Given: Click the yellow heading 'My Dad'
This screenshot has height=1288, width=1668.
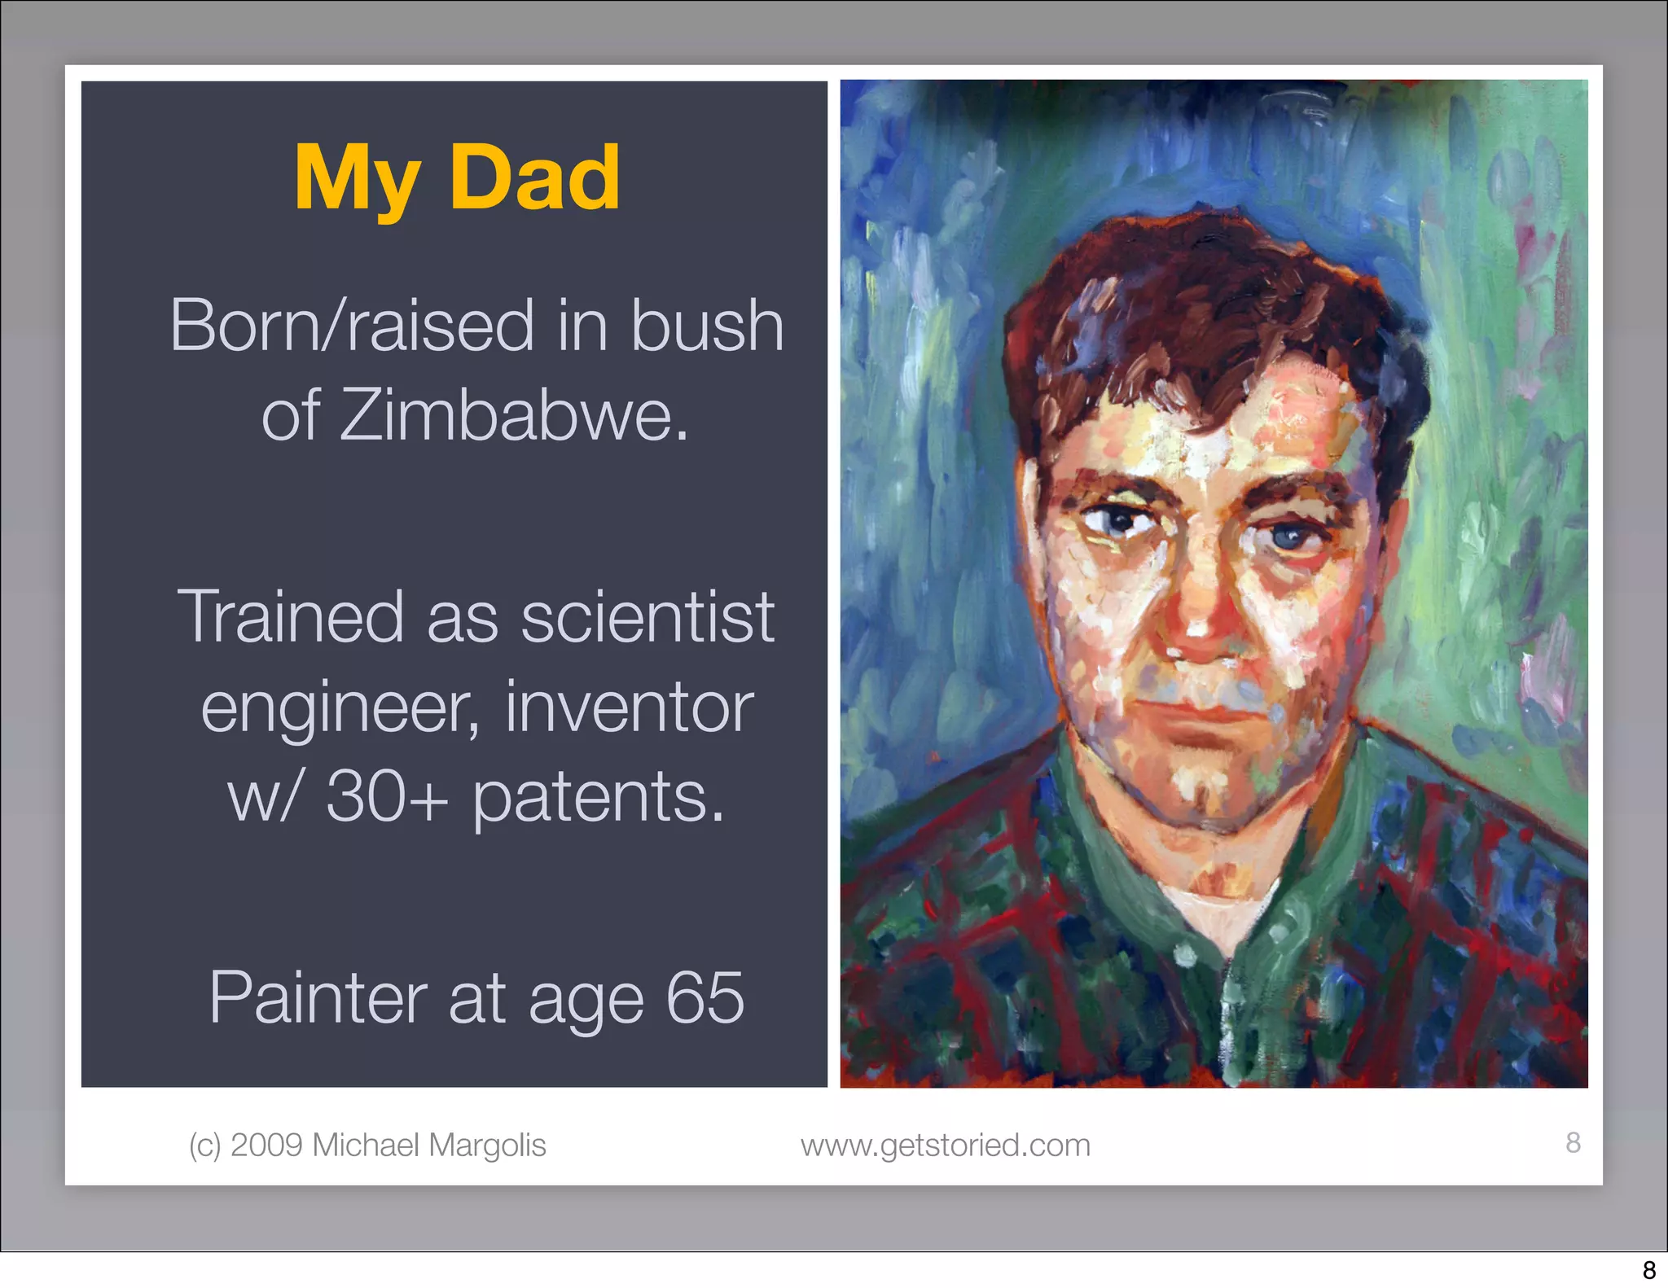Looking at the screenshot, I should pyautogui.click(x=457, y=177).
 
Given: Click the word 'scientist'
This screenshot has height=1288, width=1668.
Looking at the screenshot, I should pyautogui.click(x=647, y=616).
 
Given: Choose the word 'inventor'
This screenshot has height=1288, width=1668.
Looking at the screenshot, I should pyautogui.click(x=630, y=708).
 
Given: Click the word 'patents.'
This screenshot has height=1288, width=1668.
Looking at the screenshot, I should pyautogui.click(x=599, y=798).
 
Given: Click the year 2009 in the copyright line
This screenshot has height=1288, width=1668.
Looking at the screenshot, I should pyautogui.click(x=266, y=1145).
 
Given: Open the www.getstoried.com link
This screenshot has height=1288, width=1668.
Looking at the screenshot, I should pyautogui.click(x=945, y=1146).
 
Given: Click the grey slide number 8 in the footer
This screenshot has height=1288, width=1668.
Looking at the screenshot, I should pyautogui.click(x=1573, y=1142).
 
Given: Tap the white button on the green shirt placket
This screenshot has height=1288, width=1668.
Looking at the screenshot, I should pyautogui.click(x=1185, y=953).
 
